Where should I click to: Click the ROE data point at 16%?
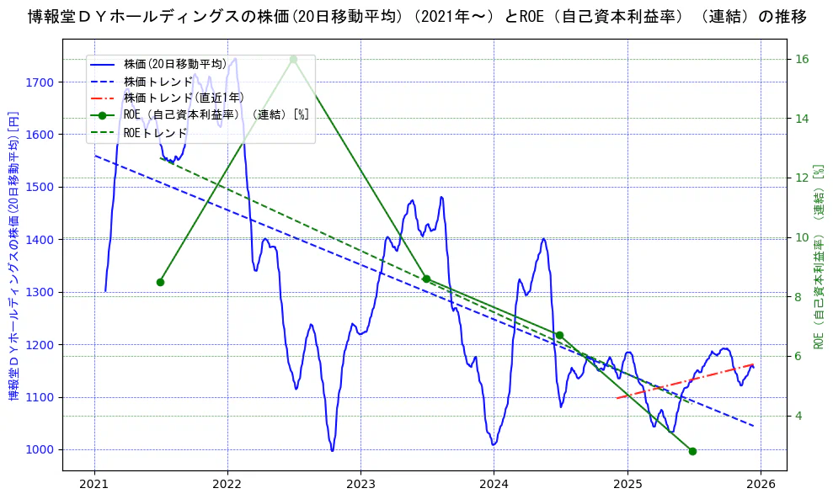point(293,59)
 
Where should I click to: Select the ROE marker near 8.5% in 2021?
point(160,282)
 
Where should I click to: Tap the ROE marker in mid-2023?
point(426,279)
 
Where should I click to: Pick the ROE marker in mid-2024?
point(559,335)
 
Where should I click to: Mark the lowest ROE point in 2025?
point(692,451)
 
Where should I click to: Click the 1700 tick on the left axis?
point(40,82)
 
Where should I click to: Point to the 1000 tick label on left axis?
point(40,450)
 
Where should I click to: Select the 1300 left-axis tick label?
point(40,293)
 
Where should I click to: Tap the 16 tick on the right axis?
point(802,59)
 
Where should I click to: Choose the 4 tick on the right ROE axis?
point(798,416)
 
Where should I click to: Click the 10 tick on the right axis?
point(802,237)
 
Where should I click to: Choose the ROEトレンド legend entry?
point(155,132)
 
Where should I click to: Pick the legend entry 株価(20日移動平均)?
point(174,64)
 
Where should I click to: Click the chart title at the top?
point(416,17)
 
